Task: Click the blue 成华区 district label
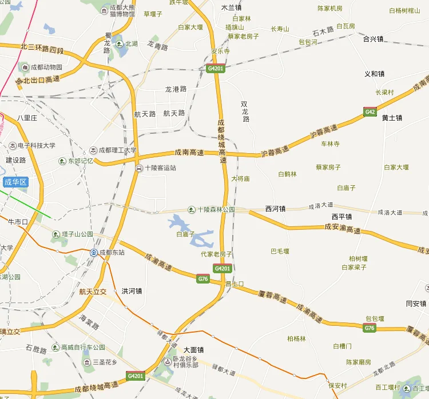click(x=15, y=182)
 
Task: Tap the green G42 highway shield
click(x=370, y=112)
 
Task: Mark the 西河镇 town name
click(x=275, y=209)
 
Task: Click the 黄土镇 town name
click(x=392, y=118)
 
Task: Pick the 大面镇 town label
click(x=194, y=350)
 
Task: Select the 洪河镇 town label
click(x=132, y=291)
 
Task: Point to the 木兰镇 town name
click(x=231, y=8)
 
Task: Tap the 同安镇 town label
click(x=416, y=304)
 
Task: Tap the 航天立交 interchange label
click(x=93, y=292)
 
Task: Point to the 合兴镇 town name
click(x=374, y=39)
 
